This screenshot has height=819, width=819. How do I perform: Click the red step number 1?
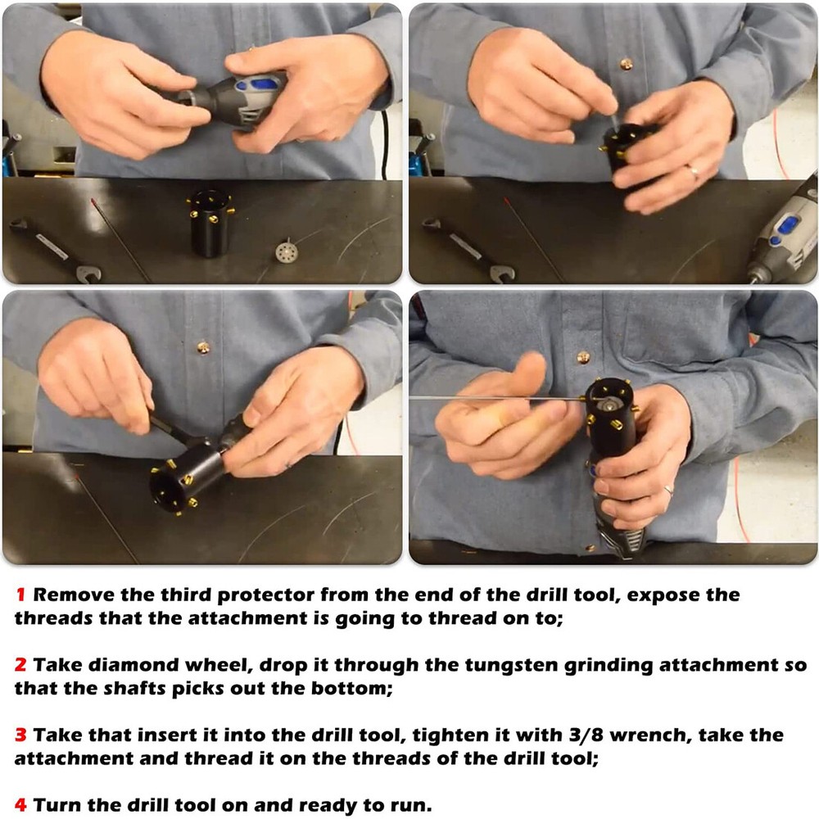click(x=21, y=595)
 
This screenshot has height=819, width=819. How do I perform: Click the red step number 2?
click(x=20, y=665)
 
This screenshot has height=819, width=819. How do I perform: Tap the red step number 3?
click(x=20, y=735)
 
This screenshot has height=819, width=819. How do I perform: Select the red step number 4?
click(x=20, y=805)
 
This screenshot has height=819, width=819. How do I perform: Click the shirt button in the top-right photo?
click(x=626, y=64)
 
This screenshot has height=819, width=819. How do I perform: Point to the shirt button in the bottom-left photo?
click(x=203, y=347)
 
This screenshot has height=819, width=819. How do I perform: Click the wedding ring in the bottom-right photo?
click(x=668, y=490)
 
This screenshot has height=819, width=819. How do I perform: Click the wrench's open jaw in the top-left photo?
click(x=88, y=274)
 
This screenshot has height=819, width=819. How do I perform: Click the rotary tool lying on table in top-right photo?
click(x=782, y=235)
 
